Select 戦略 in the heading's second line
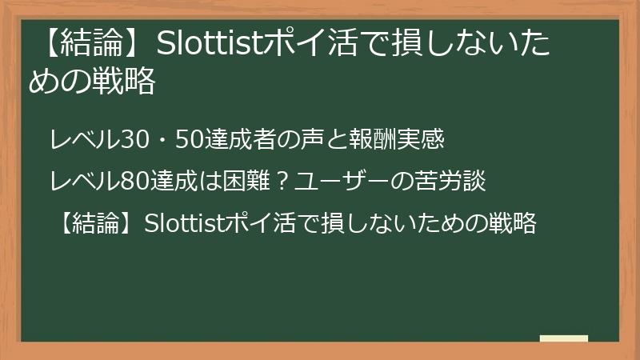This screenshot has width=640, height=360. tap(127, 82)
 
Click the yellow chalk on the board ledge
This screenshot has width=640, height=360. tap(564, 338)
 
